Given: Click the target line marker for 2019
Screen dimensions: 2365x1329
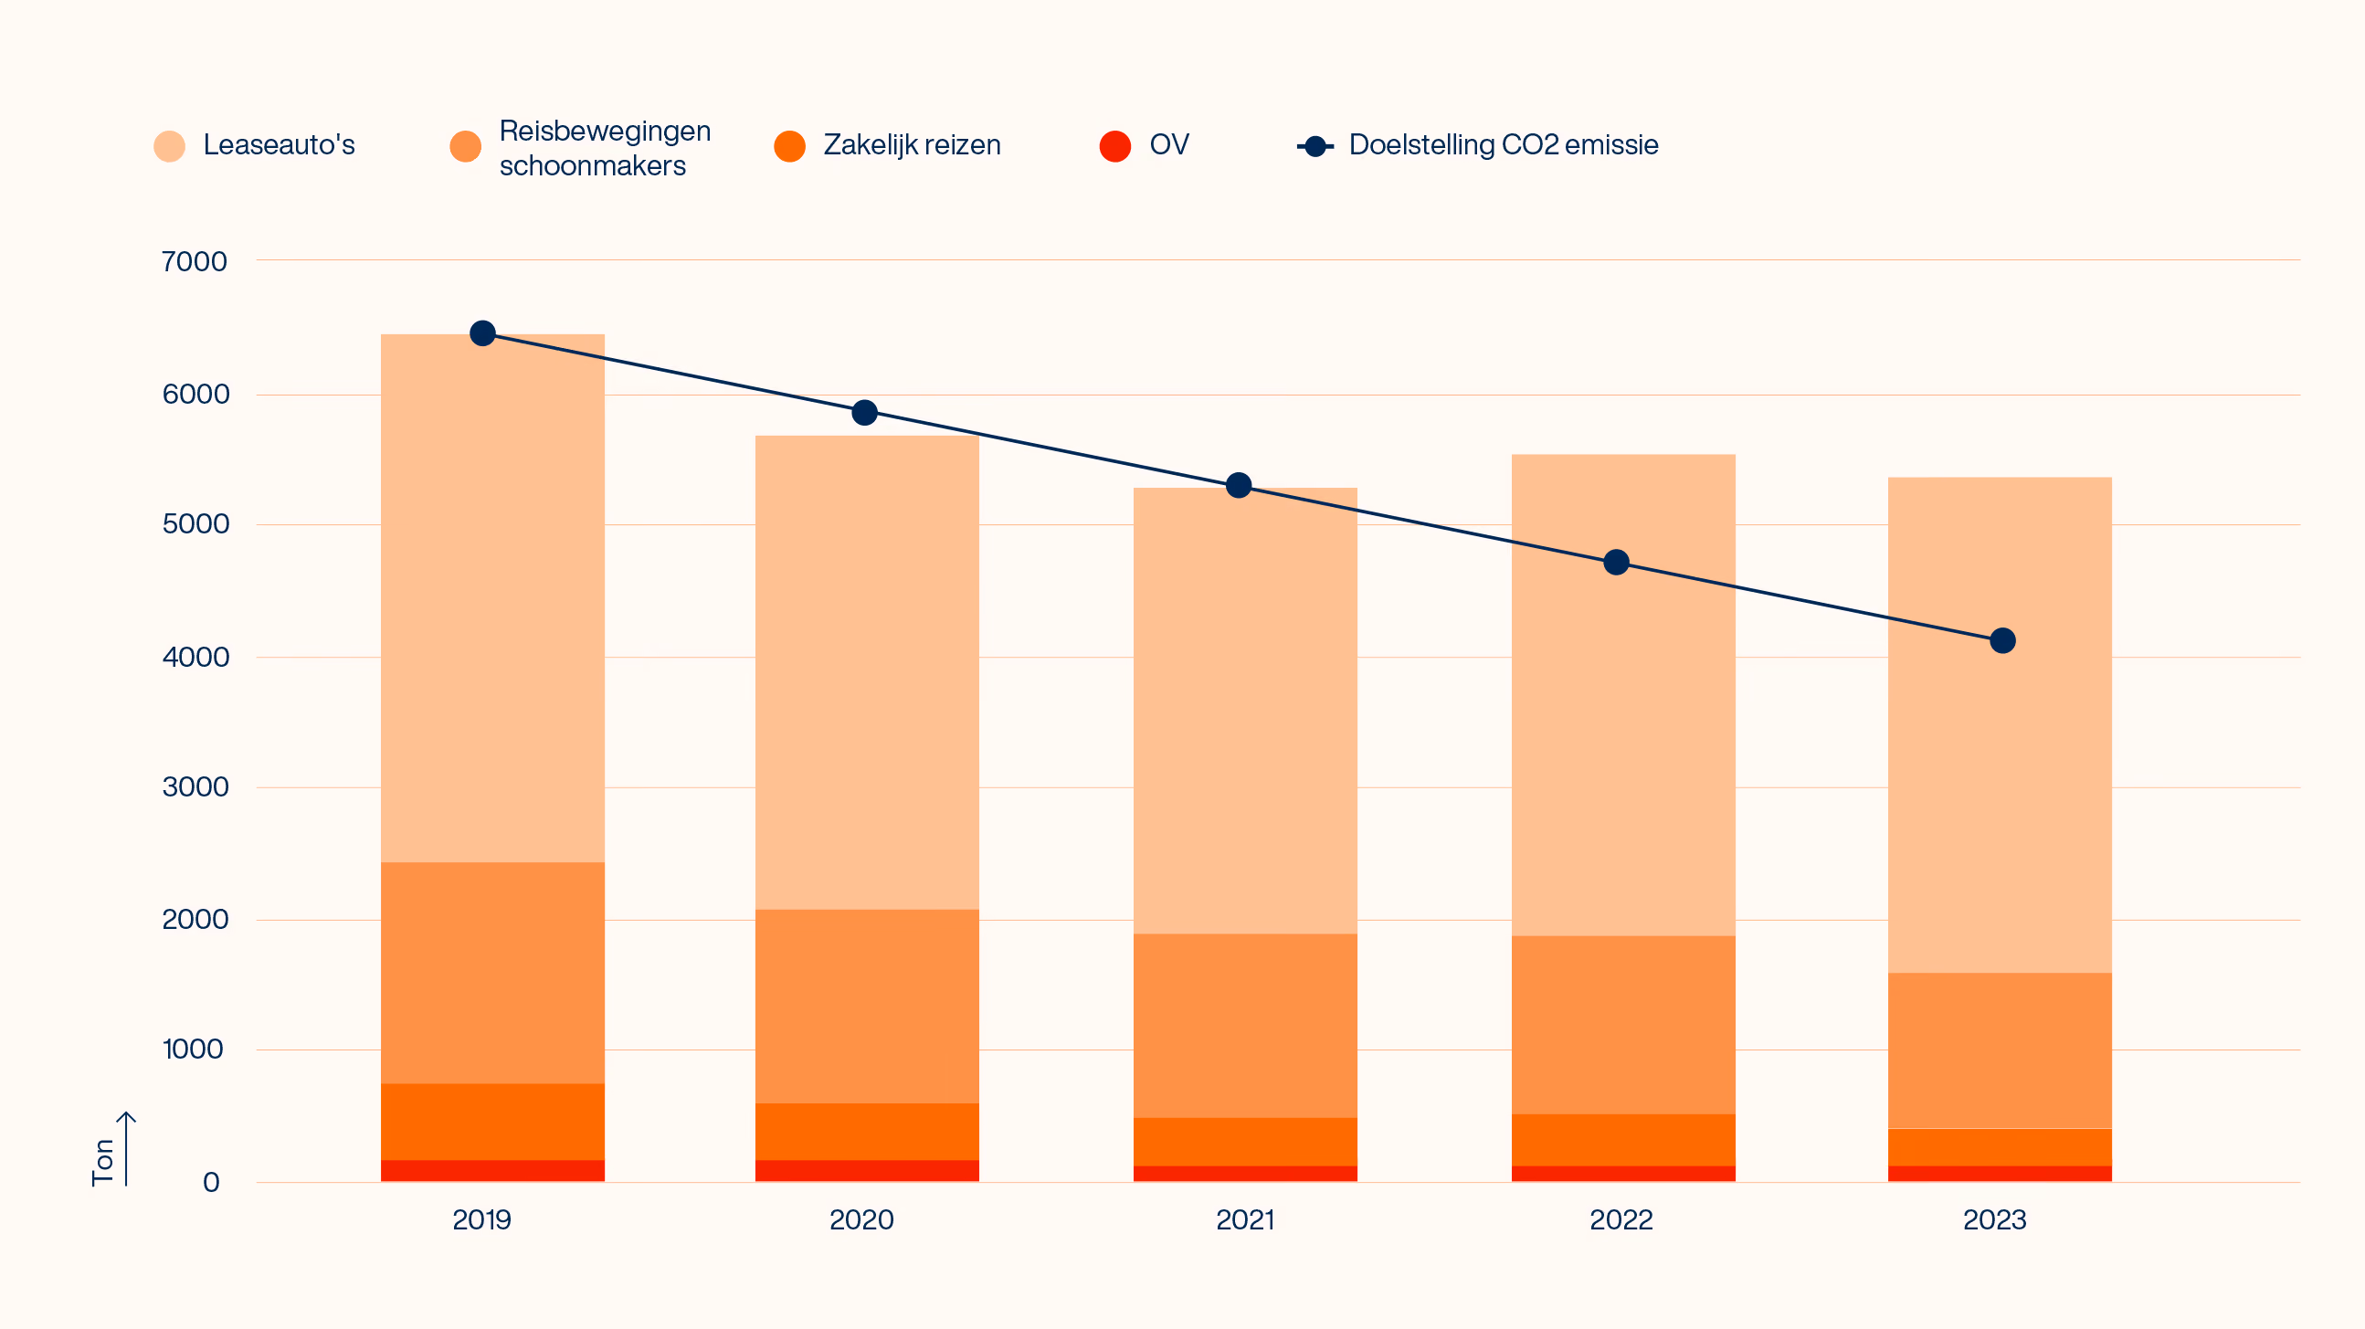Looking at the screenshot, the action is (x=483, y=333).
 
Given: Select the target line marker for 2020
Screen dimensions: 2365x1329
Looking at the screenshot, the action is (x=864, y=413).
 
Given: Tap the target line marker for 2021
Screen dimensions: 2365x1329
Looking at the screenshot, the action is (x=1239, y=485).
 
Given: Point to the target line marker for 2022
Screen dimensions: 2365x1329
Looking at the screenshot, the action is (x=1616, y=563).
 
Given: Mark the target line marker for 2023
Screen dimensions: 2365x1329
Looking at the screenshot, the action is (x=2002, y=640).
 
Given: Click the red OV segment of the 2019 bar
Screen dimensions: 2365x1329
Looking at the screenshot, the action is (x=493, y=1170).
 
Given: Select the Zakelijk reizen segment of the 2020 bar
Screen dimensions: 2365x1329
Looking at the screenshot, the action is (x=867, y=1132).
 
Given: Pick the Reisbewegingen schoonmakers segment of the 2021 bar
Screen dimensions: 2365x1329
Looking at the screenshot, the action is (x=1245, y=1025).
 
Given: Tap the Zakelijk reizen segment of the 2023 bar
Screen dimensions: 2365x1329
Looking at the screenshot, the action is (x=2000, y=1147).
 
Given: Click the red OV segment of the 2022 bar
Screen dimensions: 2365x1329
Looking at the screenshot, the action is (x=1623, y=1174).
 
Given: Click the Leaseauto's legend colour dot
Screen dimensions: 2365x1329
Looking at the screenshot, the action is (x=170, y=146).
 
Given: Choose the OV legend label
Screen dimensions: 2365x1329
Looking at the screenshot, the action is (x=1168, y=144).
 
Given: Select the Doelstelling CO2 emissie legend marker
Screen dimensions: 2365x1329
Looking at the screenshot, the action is (x=1315, y=146).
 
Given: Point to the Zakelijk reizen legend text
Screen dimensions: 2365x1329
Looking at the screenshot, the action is (x=912, y=145).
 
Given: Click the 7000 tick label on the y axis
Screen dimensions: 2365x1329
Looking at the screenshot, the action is (x=194, y=261).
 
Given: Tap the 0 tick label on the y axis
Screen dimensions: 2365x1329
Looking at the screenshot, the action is (x=211, y=1182).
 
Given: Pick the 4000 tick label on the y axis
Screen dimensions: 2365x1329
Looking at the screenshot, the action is (x=195, y=657).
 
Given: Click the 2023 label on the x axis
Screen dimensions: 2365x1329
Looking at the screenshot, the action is (x=1994, y=1219).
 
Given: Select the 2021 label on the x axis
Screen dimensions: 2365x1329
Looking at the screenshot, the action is (x=1245, y=1219).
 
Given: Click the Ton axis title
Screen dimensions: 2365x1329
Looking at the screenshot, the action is (x=103, y=1162).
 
